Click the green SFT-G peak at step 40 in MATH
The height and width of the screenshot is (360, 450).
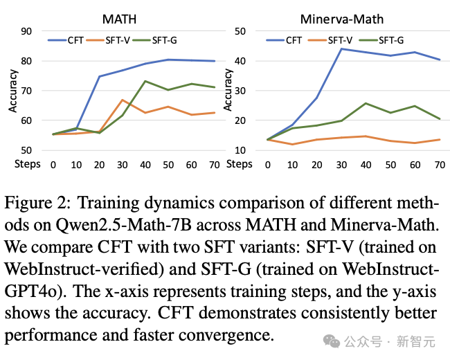(x=145, y=81)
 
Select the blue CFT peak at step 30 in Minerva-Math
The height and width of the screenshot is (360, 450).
(x=342, y=48)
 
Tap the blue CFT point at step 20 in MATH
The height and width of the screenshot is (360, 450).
(x=99, y=76)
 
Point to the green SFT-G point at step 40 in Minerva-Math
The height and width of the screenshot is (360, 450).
(x=366, y=103)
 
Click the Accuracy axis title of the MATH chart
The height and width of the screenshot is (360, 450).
(x=12, y=90)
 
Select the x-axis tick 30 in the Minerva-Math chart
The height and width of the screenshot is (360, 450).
(x=342, y=165)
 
